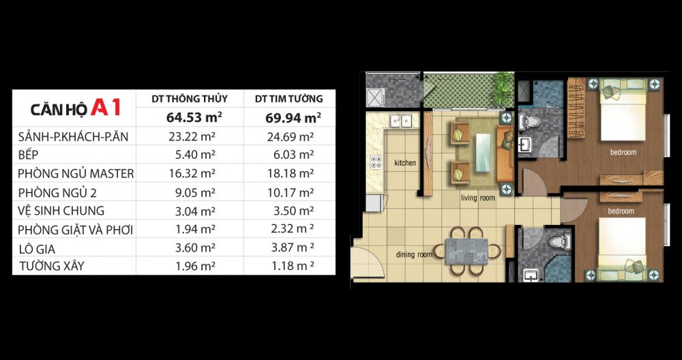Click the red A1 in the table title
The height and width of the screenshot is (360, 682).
[105, 108]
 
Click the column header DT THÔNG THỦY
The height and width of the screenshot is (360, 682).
[190, 99]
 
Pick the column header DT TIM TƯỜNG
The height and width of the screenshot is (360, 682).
[289, 99]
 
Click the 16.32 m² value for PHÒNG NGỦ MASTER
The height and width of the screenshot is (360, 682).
[192, 173]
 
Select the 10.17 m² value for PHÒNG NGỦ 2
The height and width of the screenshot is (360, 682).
[291, 192]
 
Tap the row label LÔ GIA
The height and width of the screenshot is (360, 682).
[38, 249]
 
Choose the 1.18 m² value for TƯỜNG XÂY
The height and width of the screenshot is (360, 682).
[293, 265]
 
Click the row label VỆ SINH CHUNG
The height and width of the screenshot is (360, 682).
[61, 211]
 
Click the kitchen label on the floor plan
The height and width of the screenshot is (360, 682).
[405, 163]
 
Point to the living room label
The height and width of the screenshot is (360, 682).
[478, 198]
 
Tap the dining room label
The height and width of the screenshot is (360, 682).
[414, 254]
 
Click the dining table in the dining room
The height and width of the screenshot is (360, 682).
[466, 252]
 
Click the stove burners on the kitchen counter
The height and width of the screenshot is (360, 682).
[376, 162]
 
